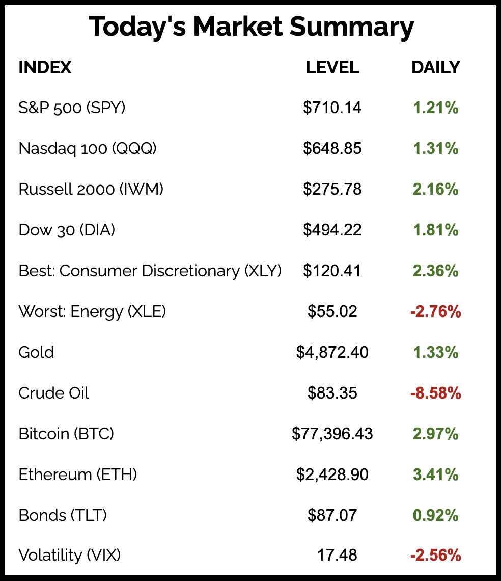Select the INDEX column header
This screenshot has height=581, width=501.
pyautogui.click(x=45, y=67)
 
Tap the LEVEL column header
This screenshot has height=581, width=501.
pyautogui.click(x=332, y=67)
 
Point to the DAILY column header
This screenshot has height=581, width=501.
pyautogui.click(x=435, y=67)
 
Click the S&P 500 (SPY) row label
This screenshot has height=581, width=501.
pyautogui.click(x=72, y=108)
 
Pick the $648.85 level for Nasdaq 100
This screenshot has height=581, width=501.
pyautogui.click(x=332, y=148)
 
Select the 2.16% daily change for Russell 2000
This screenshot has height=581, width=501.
pyautogui.click(x=435, y=189)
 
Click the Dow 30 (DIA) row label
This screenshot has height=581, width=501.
pyautogui.click(x=67, y=230)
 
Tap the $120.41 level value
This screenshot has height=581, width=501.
pyautogui.click(x=332, y=271)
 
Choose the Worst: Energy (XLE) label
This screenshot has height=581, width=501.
pyautogui.click(x=92, y=311)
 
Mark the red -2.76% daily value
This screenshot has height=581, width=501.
pyautogui.click(x=435, y=311)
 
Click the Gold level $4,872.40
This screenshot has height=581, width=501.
pyautogui.click(x=332, y=352)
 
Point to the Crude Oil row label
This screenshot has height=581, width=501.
pyautogui.click(x=53, y=393)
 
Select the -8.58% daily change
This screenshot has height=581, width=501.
pyautogui.click(x=435, y=393)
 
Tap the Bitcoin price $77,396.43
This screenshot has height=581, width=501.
pyautogui.click(x=332, y=434)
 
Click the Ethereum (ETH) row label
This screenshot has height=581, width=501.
pyautogui.click(x=78, y=474)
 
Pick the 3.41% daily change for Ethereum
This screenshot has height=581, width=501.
pyautogui.click(x=435, y=474)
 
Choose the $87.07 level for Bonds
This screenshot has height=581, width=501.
pyautogui.click(x=332, y=515)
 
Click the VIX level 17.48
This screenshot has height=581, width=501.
pyautogui.click(x=337, y=555)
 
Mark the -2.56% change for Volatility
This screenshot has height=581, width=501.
pyautogui.click(x=435, y=555)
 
